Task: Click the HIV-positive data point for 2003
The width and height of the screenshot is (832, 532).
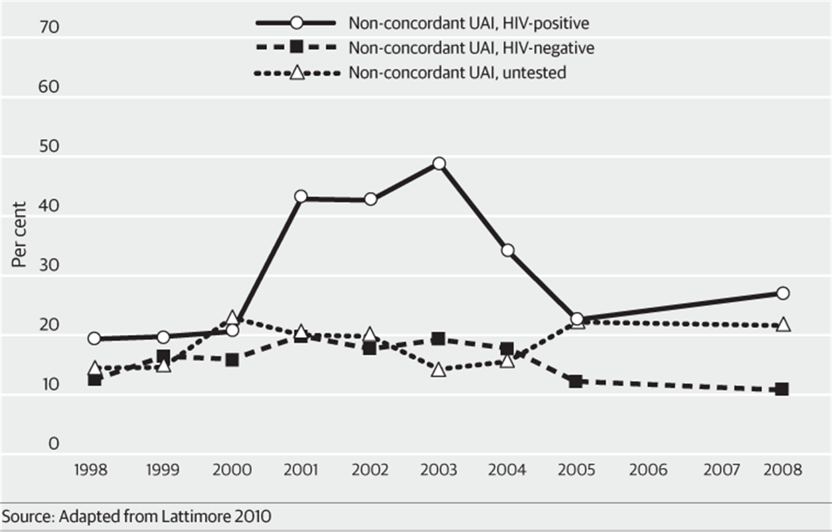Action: (x=438, y=164)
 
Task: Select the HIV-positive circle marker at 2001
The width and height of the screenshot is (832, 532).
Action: (x=301, y=197)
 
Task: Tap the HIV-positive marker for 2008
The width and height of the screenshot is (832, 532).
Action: (x=783, y=293)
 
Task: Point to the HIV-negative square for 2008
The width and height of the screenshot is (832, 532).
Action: (x=783, y=389)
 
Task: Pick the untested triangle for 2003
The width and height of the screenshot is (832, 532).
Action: (x=438, y=370)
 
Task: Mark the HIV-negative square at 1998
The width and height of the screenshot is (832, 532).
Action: (x=94, y=380)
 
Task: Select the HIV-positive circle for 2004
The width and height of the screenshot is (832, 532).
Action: (x=507, y=251)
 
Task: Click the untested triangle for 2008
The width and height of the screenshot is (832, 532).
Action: (x=783, y=325)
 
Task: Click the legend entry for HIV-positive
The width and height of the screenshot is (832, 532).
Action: (x=469, y=23)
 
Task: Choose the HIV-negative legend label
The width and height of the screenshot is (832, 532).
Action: (x=471, y=48)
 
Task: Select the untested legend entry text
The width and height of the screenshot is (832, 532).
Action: (x=457, y=72)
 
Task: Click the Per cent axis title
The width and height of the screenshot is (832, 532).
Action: (x=19, y=235)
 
